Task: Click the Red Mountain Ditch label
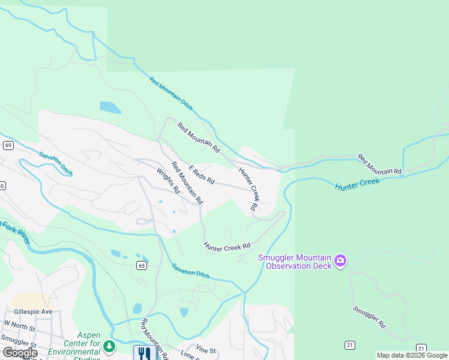pos(171,94)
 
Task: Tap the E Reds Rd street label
pos(202,176)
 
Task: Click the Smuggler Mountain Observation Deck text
pos(295,262)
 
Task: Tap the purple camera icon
pos(341,260)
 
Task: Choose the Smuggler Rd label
pos(369,317)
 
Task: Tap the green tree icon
pos(109,346)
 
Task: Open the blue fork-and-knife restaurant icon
pos(144,353)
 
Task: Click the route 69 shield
pos(8,145)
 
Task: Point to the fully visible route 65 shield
pos(141,266)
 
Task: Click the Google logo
pos(20,353)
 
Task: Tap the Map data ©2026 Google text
pos(412,355)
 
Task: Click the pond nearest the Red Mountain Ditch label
pos(110,108)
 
